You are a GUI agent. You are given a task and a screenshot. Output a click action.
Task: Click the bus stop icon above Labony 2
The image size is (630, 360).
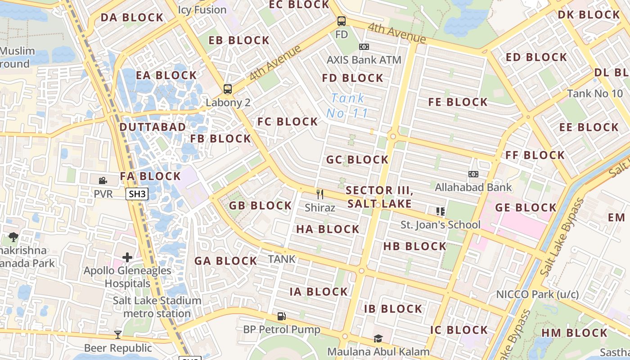tap(228, 89)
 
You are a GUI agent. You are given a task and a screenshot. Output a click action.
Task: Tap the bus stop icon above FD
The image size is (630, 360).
tap(342, 21)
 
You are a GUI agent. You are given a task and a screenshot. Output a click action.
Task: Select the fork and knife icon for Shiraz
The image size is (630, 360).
tap(320, 194)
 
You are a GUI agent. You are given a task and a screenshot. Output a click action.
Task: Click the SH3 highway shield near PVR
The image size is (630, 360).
tap(137, 194)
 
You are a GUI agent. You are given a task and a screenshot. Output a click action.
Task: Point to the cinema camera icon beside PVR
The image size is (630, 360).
tap(103, 180)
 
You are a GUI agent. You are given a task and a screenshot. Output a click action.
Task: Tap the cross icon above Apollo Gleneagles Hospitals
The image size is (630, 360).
tap(127, 257)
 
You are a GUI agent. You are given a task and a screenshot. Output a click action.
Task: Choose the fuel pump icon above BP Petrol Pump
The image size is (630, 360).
tap(282, 316)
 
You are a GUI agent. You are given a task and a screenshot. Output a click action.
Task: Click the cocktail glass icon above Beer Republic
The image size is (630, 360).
tap(118, 334)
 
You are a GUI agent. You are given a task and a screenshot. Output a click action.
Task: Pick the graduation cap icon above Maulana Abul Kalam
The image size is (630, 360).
tap(378, 338)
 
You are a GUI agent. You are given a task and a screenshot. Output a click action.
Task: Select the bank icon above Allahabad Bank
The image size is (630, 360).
tap(473, 174)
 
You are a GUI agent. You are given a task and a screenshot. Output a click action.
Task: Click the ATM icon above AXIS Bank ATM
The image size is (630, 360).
tap(364, 47)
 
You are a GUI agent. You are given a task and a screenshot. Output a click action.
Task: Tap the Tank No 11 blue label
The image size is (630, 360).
tap(347, 105)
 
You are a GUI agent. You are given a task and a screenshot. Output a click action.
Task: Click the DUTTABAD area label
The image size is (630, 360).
tap(153, 127)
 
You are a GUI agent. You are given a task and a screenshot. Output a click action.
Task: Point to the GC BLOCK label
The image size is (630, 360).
tap(357, 160)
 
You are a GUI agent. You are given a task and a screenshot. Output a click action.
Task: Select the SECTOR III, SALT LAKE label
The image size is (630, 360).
tap(379, 197)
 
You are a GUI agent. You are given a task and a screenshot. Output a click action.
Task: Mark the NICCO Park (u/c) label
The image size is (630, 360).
tap(537, 294)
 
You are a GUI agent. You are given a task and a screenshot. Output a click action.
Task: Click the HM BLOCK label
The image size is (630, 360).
tap(574, 333)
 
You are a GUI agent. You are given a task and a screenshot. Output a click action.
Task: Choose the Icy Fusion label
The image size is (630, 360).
tap(202, 9)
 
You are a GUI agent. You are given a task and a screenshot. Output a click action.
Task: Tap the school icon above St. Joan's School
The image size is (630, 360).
tap(440, 211)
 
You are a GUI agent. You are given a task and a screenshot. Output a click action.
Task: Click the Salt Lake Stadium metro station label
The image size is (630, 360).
tap(157, 307)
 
